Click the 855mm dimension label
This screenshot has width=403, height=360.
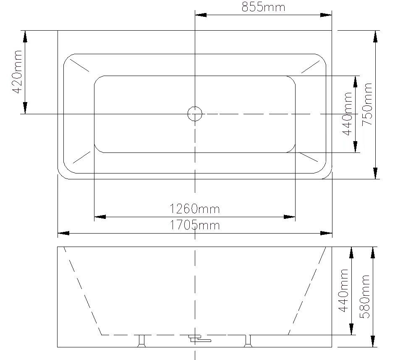pos(263,7)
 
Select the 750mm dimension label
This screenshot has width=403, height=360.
pos(367,103)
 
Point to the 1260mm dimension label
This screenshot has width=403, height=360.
pos(194,208)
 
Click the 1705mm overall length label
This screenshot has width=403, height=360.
pos(194,225)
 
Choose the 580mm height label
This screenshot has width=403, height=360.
pos(365,296)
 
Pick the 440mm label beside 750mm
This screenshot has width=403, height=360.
pos(347,113)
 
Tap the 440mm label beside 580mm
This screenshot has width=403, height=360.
pos(344,291)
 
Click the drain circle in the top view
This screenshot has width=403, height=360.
pos(195,113)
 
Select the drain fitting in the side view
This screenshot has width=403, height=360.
pos(199,338)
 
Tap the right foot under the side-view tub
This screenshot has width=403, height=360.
pos(247,341)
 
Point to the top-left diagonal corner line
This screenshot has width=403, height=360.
pos(80,65)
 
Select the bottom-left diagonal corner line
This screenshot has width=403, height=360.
pos(81,157)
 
